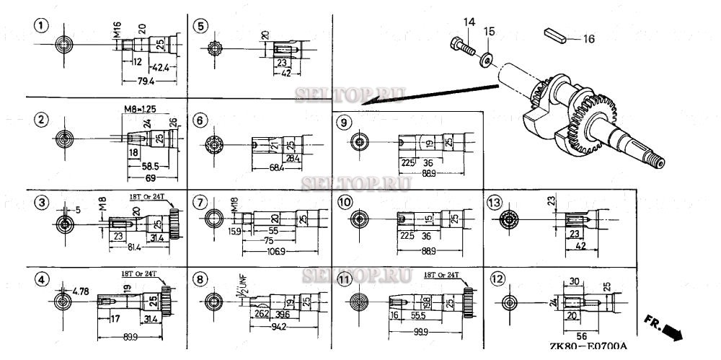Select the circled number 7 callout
(x=200, y=201)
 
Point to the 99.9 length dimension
(x=420, y=330)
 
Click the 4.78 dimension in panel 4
(x=81, y=291)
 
